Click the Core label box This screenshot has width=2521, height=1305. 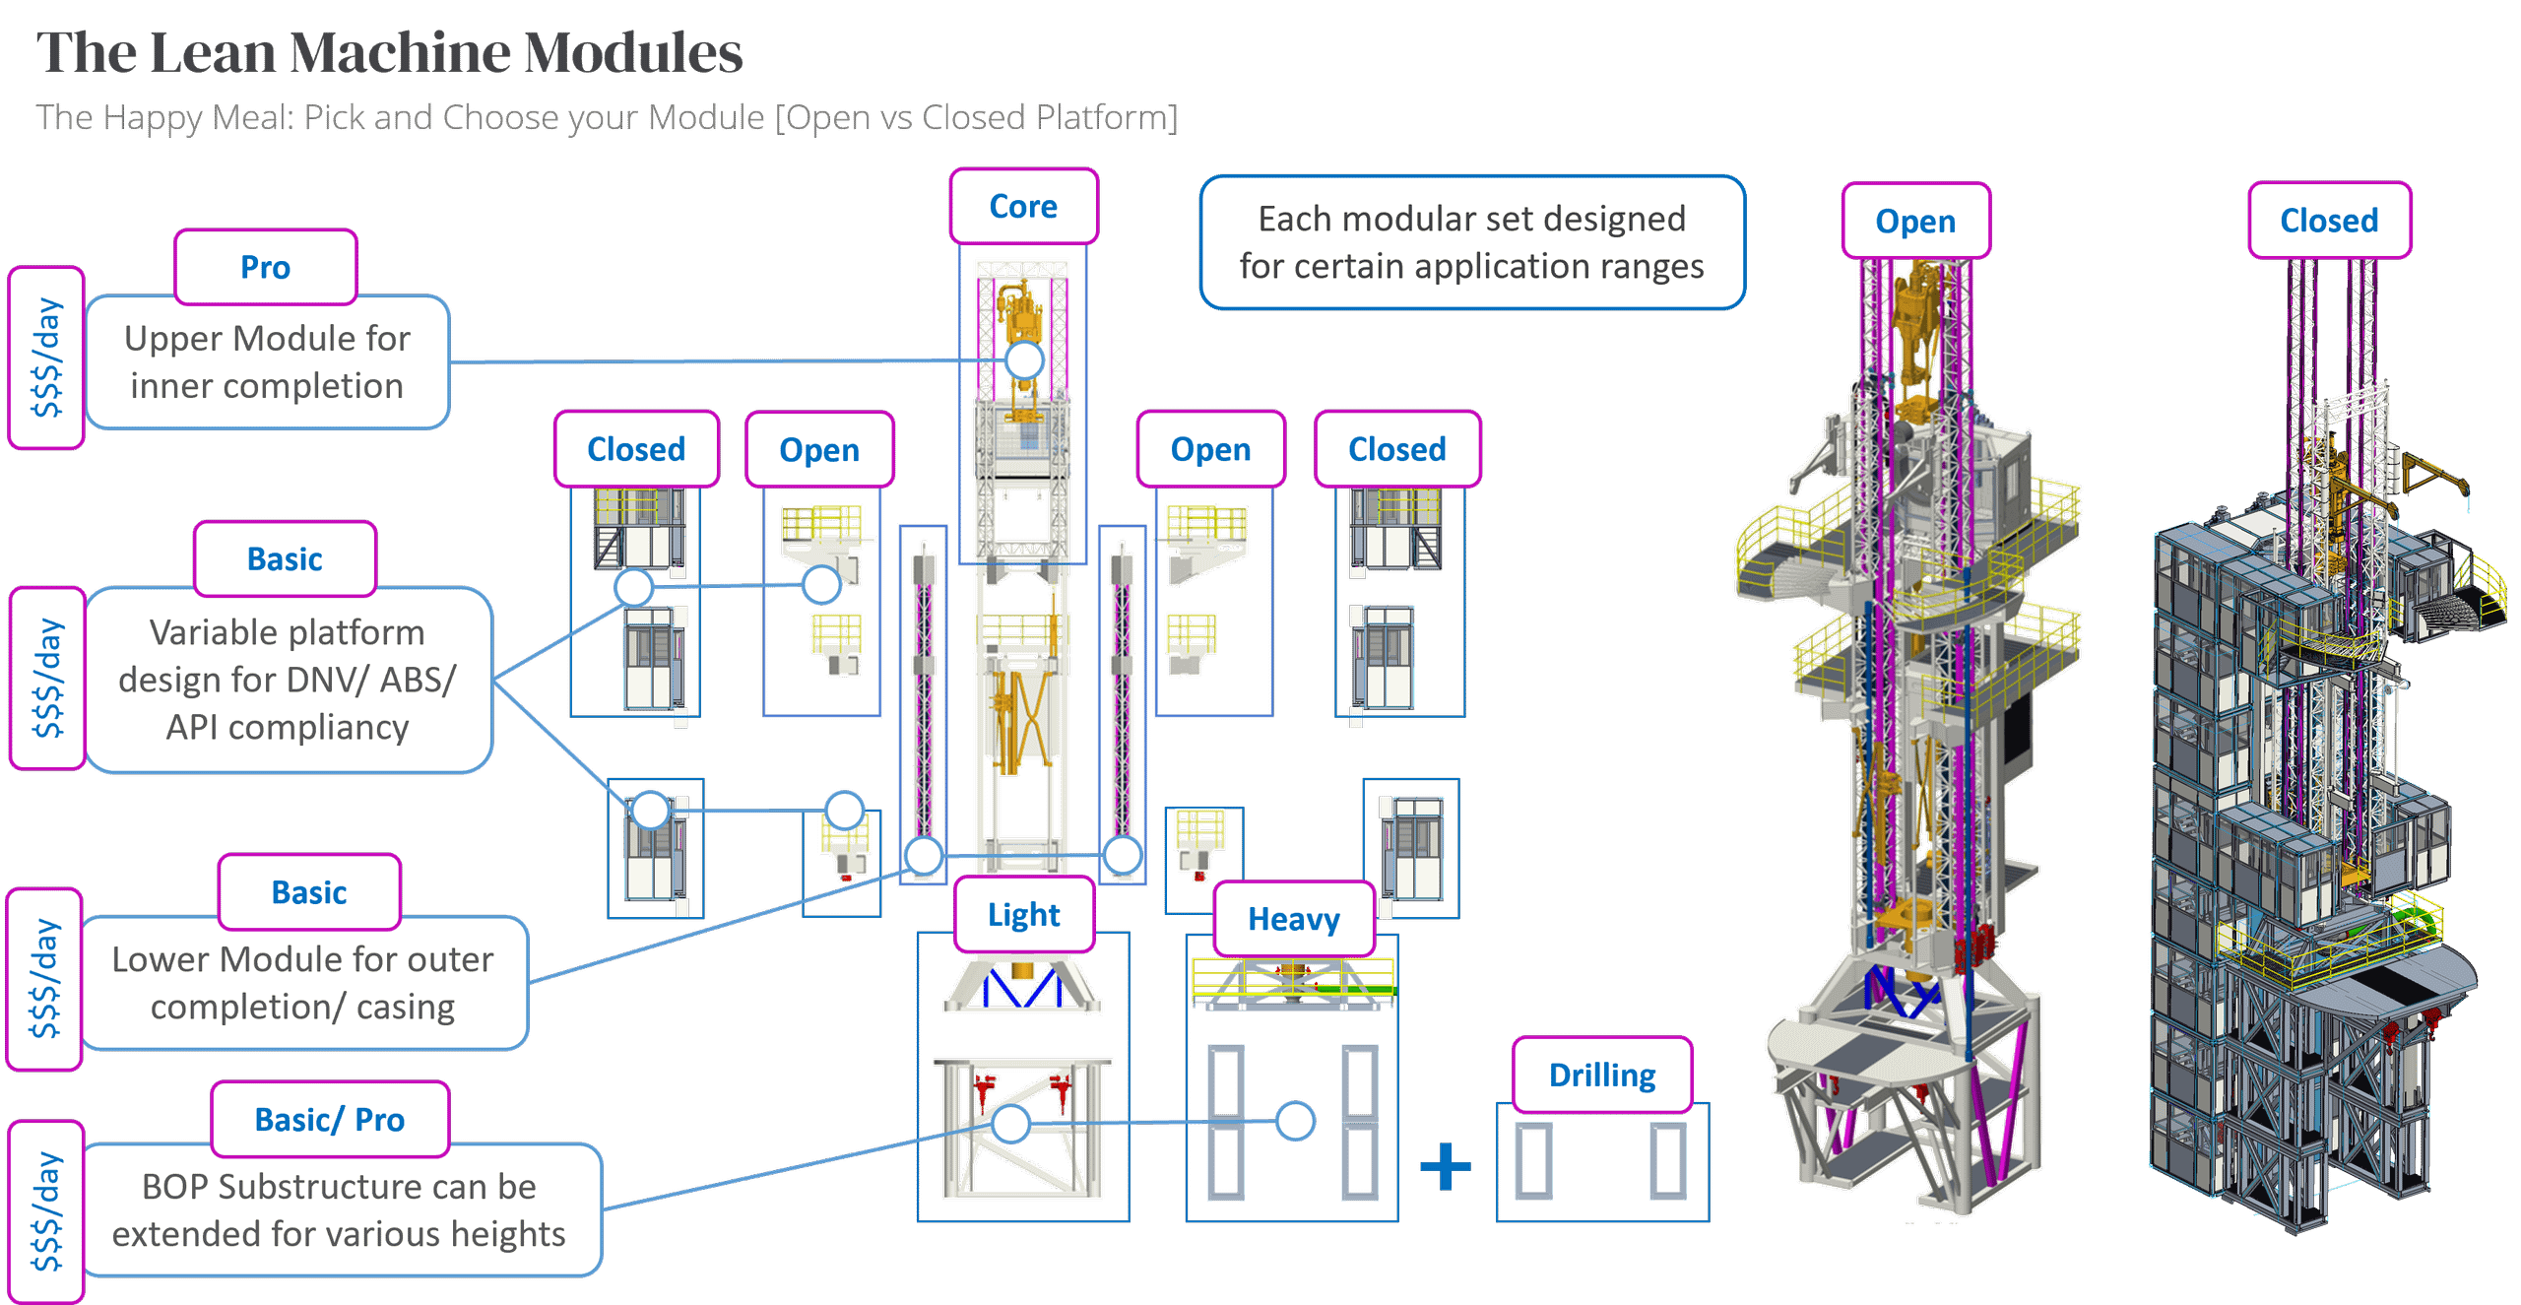pos(1023,207)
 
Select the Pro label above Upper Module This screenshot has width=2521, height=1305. pos(265,268)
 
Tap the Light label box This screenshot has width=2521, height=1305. pos(1023,915)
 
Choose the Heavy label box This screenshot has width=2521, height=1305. pos(1293,919)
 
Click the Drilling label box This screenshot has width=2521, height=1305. pos(1602,1075)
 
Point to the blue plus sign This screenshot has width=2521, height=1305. pos(1445,1166)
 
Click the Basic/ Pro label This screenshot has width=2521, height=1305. pos(329,1120)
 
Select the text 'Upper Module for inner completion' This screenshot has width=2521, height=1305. pos(267,361)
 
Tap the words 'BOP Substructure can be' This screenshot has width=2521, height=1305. pos(339,1187)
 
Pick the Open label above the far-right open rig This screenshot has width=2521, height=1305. pos(1915,222)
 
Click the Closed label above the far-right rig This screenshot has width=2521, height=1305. pos(2329,221)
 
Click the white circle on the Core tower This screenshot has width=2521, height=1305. pos(1024,360)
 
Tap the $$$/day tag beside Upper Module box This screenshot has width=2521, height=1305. pos(46,358)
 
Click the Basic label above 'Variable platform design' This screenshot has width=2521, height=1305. pos(285,559)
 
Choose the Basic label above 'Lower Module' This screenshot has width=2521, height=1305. pos(308,892)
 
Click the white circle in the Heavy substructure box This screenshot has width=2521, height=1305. pos(1294,1121)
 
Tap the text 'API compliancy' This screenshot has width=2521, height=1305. pos(287,727)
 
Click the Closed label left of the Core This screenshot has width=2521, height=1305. pos(636,449)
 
